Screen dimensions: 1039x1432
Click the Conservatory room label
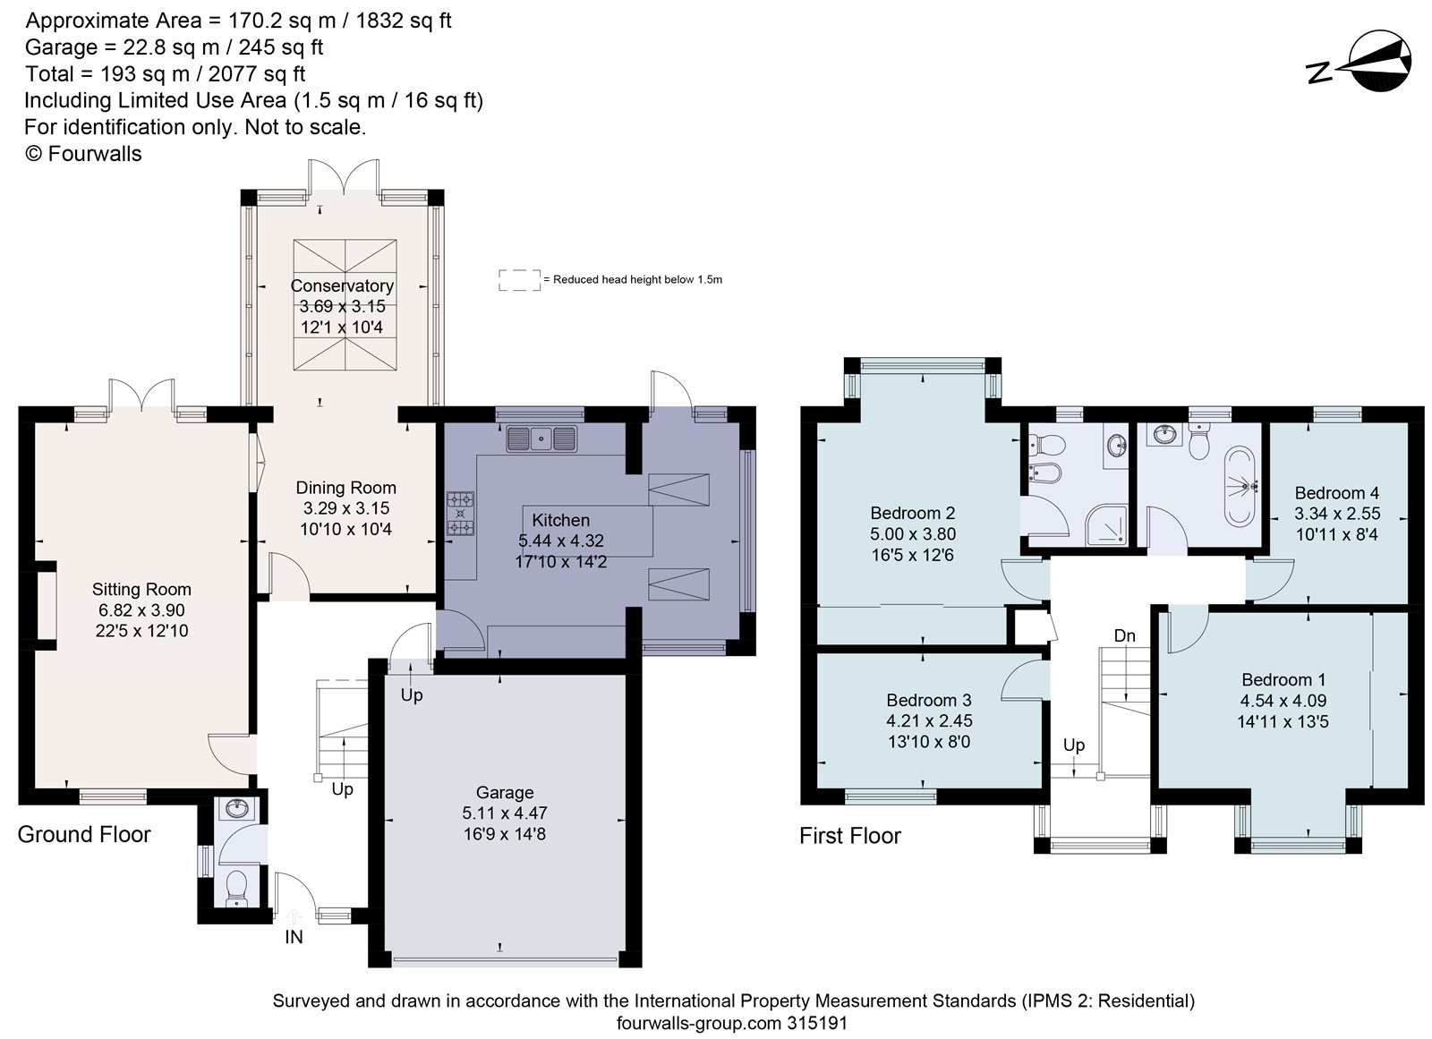pyautogui.click(x=342, y=285)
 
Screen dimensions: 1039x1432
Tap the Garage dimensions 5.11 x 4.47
pyautogui.click(x=505, y=813)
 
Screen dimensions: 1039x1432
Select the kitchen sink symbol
pyautogui.click(x=541, y=439)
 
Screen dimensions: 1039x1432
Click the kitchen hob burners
pyautogui.click(x=460, y=514)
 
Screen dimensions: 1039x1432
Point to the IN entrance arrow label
pyautogui.click(x=294, y=937)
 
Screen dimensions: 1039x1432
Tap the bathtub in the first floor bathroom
pyautogui.click(x=1243, y=487)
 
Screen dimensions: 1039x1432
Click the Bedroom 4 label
pyautogui.click(x=1337, y=493)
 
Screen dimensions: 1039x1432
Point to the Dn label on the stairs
pyautogui.click(x=1125, y=636)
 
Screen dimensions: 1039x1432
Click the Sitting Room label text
pyautogui.click(x=141, y=589)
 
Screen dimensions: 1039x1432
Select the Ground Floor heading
pyautogui.click(x=84, y=834)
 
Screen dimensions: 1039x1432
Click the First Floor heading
pyautogui.click(x=849, y=836)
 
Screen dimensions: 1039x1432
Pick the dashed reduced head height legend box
pyautogui.click(x=519, y=279)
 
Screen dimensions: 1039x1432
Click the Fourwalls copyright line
pyautogui.click(x=83, y=154)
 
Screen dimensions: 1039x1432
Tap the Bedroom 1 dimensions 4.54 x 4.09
pyautogui.click(x=1283, y=701)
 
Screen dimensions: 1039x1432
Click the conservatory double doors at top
pyautogui.click(x=342, y=175)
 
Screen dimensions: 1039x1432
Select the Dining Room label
pyautogui.click(x=345, y=488)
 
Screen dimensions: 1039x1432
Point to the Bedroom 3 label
pyautogui.click(x=929, y=700)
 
